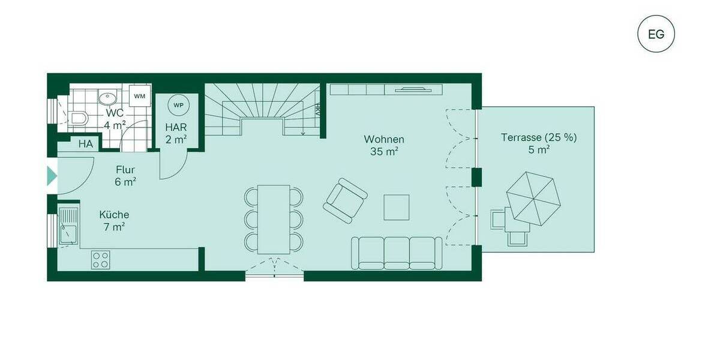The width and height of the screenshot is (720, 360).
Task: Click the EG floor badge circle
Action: (x=656, y=34)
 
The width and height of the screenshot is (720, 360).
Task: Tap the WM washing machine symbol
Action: (x=139, y=96)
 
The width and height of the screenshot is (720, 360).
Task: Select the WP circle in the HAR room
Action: (x=178, y=104)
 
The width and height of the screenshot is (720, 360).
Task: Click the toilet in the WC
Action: (x=79, y=118)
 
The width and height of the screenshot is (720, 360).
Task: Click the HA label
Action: (x=86, y=144)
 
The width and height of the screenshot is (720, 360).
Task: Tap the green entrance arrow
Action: (x=52, y=176)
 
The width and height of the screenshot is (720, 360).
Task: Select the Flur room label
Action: (x=125, y=170)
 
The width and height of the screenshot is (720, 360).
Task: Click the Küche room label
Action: (x=114, y=215)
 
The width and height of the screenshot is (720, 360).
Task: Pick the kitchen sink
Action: (x=68, y=225)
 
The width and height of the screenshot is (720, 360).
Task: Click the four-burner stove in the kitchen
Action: (x=100, y=260)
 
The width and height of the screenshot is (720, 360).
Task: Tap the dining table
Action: (x=274, y=218)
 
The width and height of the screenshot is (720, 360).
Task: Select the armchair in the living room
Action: (x=344, y=200)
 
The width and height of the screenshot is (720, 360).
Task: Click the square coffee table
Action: (x=397, y=207)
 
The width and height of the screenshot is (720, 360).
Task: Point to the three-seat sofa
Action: (x=397, y=252)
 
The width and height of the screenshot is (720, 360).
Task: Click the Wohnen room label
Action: (x=384, y=139)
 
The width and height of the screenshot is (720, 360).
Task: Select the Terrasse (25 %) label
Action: (x=539, y=137)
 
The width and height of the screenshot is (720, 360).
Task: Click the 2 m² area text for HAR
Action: (x=176, y=139)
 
